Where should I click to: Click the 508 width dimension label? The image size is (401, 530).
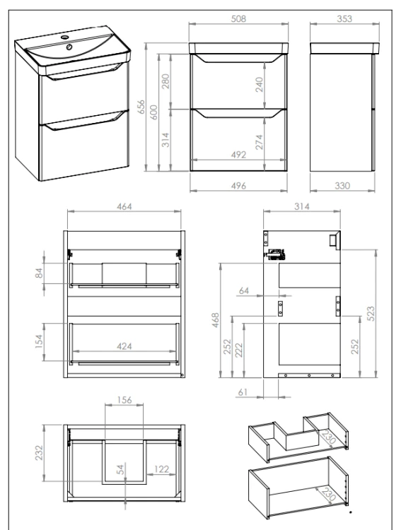pyautogui.click(x=238, y=18)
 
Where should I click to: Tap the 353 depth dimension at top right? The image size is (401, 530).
pyautogui.click(x=344, y=18)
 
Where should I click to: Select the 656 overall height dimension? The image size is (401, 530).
pyautogui.click(x=141, y=107)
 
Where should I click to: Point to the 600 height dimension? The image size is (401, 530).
pyautogui.click(x=153, y=112)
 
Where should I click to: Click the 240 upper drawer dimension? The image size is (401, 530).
pyautogui.click(x=260, y=85)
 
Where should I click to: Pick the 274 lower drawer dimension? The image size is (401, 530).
pyautogui.click(x=260, y=142)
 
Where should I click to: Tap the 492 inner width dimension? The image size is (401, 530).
pyautogui.click(x=238, y=155)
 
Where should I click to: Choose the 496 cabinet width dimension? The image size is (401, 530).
pyautogui.click(x=238, y=186)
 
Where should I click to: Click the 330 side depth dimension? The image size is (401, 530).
pyautogui.click(x=342, y=186)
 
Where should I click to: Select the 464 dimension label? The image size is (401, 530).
pyautogui.click(x=124, y=206)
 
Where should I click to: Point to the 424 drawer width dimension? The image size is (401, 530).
pyautogui.click(x=124, y=346)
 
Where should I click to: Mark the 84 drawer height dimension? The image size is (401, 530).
pyautogui.click(x=40, y=273)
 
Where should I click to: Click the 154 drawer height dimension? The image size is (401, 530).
pyautogui.click(x=40, y=341)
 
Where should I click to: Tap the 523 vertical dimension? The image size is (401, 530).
pyautogui.click(x=371, y=313)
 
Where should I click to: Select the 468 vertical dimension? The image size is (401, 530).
pyautogui.click(x=216, y=320)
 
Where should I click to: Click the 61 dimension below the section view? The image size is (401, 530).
pyautogui.click(x=243, y=392)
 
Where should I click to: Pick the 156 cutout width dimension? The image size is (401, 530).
pyautogui.click(x=124, y=400)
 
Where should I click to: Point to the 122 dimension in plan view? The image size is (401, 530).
pyautogui.click(x=161, y=469)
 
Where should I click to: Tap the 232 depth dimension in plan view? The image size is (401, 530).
pyautogui.click(x=40, y=453)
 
